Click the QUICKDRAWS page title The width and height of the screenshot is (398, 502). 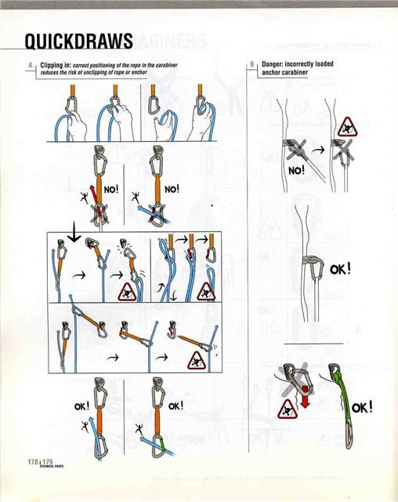coord(73,42)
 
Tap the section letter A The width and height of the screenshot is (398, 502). coord(29,64)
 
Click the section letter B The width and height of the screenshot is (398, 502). coord(252,64)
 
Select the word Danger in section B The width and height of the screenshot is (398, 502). coord(274,64)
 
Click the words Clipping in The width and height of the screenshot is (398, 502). coord(55,64)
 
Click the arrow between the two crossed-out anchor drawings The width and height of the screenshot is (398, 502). coord(319,146)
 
